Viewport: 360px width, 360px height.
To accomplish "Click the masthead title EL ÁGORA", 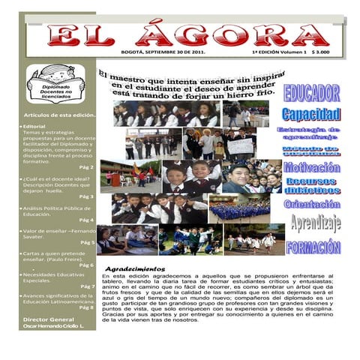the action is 187,33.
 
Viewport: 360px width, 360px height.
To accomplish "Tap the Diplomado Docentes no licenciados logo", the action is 55,82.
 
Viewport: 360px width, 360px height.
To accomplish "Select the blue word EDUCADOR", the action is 311,94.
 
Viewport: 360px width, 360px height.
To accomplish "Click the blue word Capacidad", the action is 311,114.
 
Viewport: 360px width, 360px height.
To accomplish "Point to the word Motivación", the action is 312,167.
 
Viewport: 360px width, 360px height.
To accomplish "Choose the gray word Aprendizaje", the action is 315,222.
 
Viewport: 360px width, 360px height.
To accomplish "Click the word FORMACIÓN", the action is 313,247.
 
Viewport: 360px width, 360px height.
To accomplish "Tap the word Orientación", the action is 312,204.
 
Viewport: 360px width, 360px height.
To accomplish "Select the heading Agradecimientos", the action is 135,268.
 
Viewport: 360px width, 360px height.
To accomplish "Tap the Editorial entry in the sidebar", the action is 37,127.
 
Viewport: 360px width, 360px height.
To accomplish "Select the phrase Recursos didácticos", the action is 312,185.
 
